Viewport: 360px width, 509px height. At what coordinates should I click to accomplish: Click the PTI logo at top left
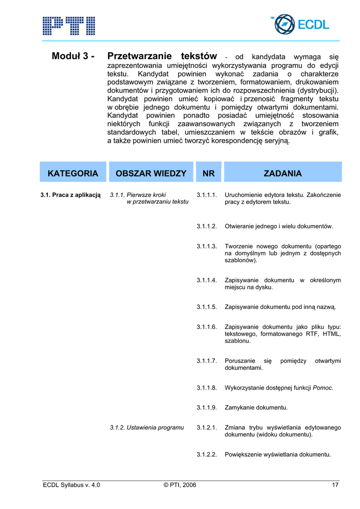pos(69,25)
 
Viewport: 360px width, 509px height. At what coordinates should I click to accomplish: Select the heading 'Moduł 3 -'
pos(74,56)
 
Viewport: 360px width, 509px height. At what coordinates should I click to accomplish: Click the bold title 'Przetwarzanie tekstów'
pos(162,56)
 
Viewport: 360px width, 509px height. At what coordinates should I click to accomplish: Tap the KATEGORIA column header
pos(73,173)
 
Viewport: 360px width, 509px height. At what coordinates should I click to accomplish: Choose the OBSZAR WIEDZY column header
pos(151,173)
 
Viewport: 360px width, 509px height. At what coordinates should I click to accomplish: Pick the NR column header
pos(209,173)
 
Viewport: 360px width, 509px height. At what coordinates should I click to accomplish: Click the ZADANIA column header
pos(282,173)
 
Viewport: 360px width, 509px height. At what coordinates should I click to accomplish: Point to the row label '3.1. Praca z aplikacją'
pos(71,195)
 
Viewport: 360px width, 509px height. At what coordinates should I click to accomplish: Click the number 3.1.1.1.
pos(207,195)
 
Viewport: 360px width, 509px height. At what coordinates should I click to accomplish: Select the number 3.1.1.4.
pos(207,280)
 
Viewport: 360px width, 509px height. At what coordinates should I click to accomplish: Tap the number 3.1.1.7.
pos(207,361)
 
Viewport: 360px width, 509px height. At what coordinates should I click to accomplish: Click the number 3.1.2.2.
pos(207,455)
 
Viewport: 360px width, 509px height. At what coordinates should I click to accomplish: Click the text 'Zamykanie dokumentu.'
pos(256,408)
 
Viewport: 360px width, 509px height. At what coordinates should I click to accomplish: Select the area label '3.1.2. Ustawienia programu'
pos(147,427)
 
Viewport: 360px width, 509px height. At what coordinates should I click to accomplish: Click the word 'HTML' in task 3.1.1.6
pos(332,334)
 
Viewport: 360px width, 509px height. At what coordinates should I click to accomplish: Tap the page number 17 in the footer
pos(336,485)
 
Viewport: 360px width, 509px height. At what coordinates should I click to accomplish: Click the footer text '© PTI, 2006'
pos(180,485)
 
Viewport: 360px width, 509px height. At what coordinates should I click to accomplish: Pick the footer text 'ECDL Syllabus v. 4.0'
pos(72,485)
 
